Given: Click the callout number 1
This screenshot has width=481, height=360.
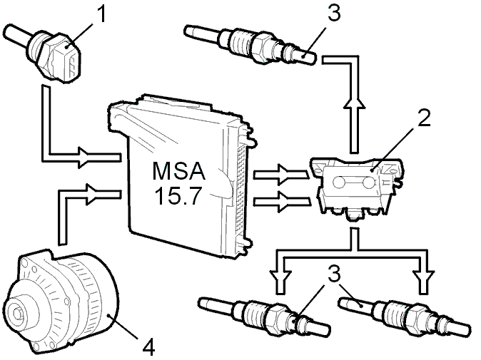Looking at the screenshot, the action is (x=101, y=14).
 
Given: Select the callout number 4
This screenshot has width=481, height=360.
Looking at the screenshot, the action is (x=148, y=347).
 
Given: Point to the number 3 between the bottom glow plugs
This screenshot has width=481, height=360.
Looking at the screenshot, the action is (x=334, y=274).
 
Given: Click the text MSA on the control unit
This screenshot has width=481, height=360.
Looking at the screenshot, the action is (x=178, y=171).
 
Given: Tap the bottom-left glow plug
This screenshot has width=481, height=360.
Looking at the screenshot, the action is (x=265, y=317).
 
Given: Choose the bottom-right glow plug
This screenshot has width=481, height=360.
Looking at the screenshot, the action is (x=405, y=317).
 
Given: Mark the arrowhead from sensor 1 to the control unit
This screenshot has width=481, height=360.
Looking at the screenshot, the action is (x=85, y=157).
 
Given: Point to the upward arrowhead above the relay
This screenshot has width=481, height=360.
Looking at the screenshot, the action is (x=354, y=102).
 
